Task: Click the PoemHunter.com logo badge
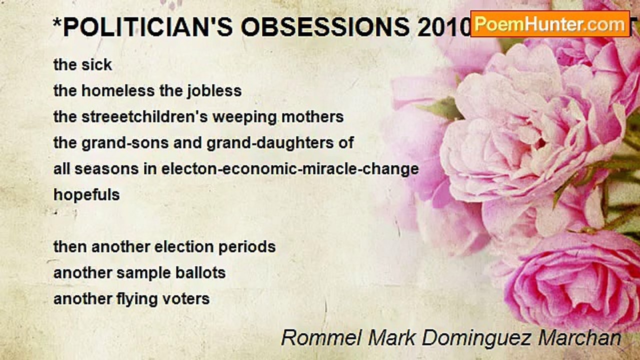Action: tap(550, 23)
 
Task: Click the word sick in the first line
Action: tap(98, 64)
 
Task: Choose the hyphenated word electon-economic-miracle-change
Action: tap(290, 169)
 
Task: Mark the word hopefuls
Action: tap(86, 195)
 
